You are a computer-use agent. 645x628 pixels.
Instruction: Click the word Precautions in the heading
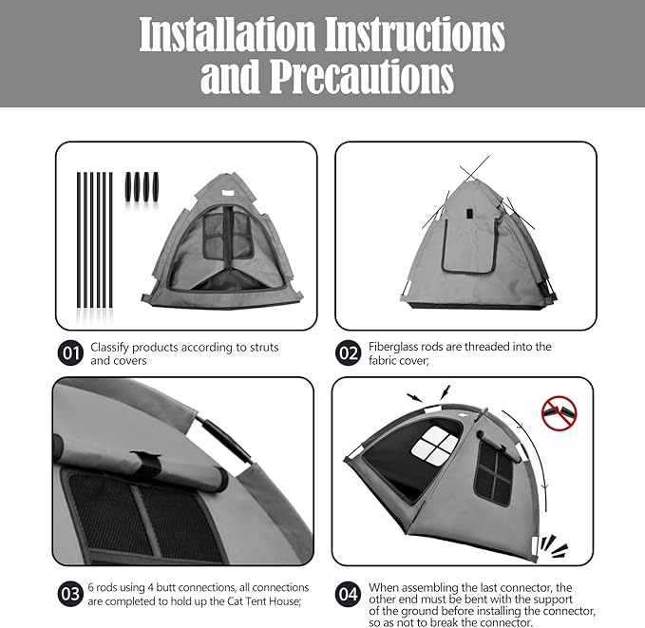362,77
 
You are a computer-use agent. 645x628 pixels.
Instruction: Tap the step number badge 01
69,353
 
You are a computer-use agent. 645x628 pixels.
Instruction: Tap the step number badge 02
349,353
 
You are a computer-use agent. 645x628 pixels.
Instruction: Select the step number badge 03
69,595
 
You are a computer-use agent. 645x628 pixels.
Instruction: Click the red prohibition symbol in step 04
559,411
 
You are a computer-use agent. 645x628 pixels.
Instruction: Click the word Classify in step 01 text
113,347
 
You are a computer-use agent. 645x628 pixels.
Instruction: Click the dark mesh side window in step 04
494,471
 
